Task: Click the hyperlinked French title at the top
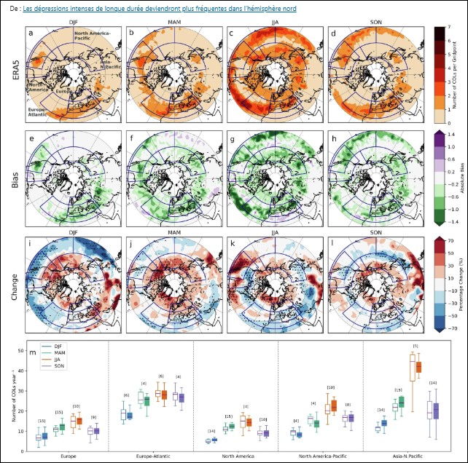(x=164, y=9)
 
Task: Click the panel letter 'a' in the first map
(x=30, y=33)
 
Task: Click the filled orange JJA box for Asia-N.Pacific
(x=418, y=368)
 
